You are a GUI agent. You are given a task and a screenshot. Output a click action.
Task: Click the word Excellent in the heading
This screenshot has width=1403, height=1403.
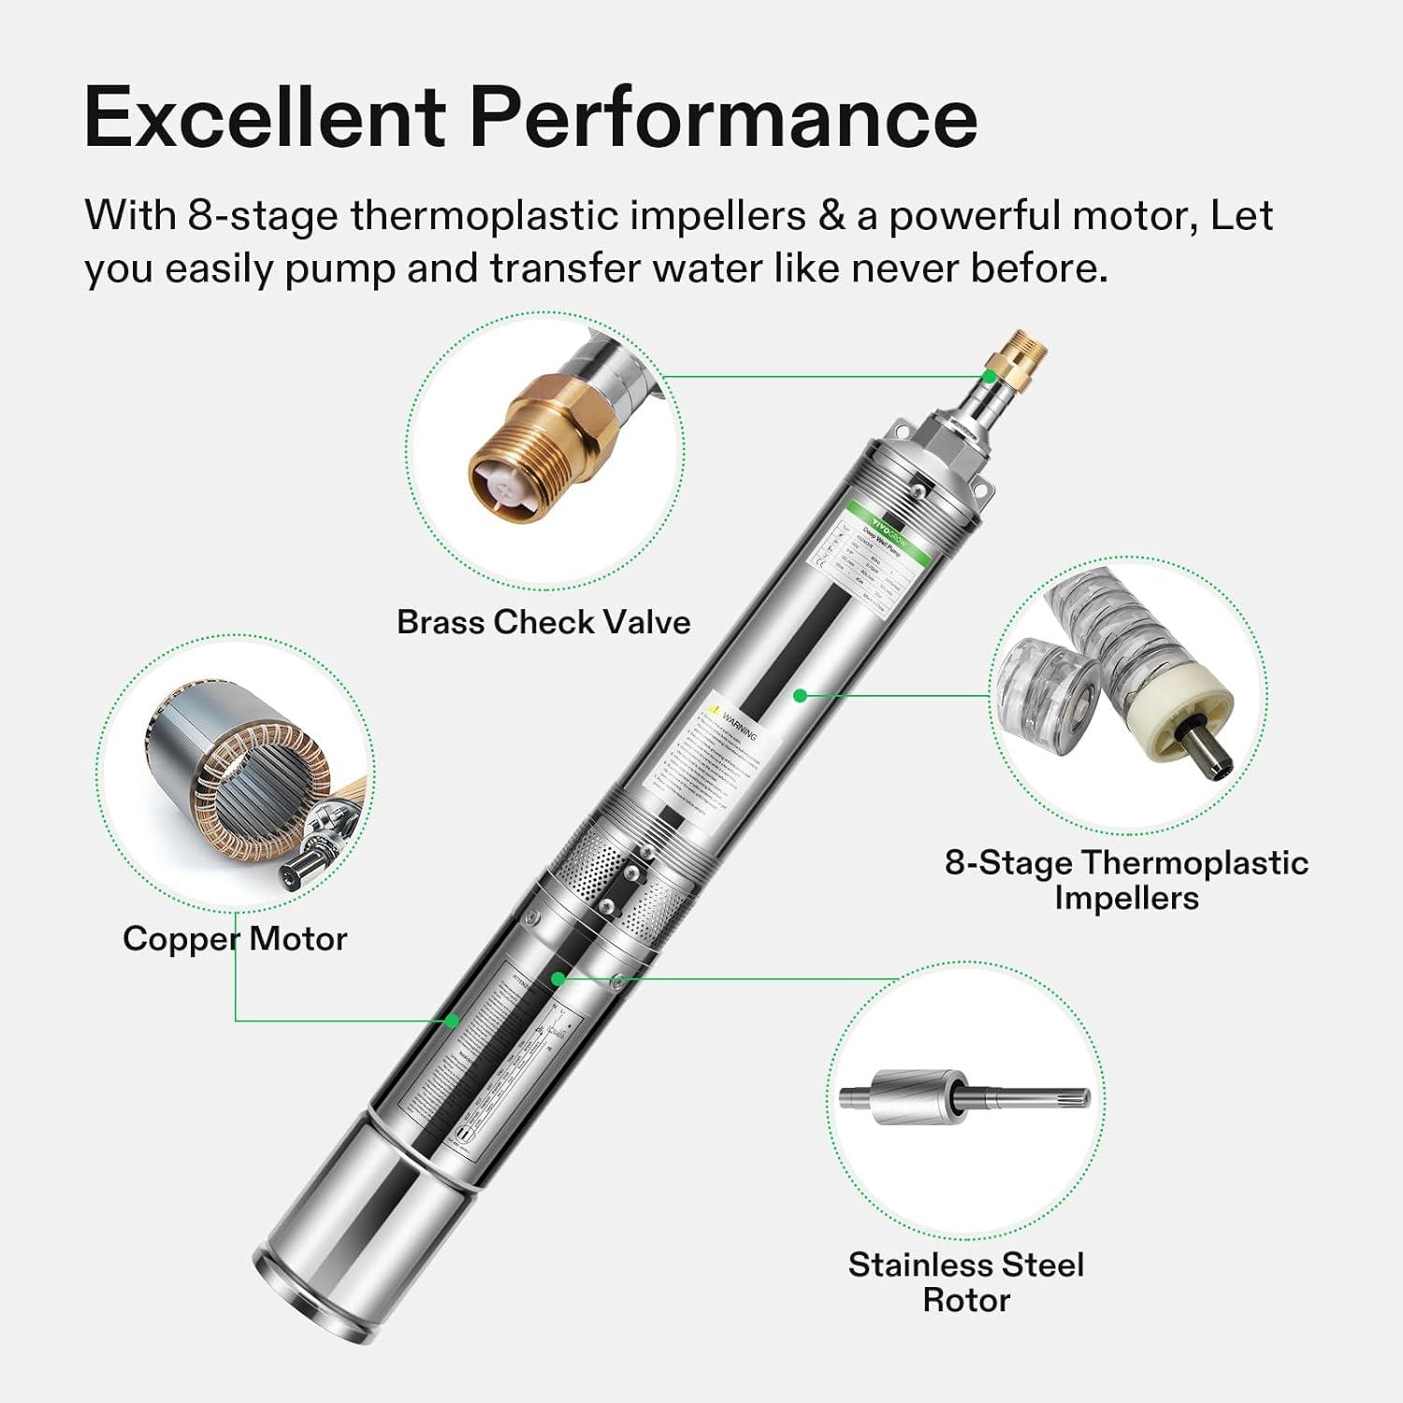(x=264, y=118)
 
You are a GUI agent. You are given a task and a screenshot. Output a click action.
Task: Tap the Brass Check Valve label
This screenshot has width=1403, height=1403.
(x=543, y=622)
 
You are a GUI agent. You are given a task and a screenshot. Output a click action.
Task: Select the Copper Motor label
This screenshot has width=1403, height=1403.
(x=235, y=938)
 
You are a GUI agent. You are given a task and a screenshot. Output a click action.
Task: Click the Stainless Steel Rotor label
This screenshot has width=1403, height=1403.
(x=966, y=1281)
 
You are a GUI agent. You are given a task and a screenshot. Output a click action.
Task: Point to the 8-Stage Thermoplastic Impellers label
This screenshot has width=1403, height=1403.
(x=1126, y=879)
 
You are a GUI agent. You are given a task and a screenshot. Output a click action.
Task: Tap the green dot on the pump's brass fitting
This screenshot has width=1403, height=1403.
(x=990, y=376)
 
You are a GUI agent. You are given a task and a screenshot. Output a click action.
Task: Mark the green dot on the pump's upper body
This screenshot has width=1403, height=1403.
(x=800, y=695)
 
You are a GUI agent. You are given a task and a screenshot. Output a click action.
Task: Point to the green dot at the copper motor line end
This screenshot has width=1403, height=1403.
(x=453, y=1020)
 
